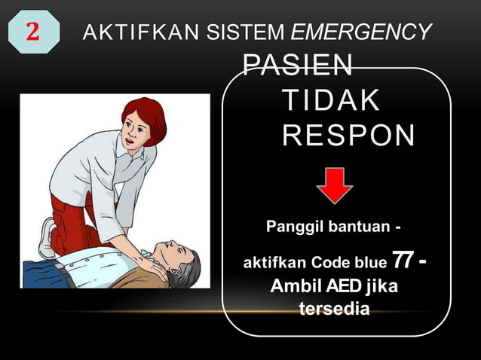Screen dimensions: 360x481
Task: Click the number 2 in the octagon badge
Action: [x=32, y=32]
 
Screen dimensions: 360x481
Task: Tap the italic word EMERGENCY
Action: [x=361, y=32]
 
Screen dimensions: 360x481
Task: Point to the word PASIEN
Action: [x=297, y=66]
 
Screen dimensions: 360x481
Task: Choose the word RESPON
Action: [x=348, y=136]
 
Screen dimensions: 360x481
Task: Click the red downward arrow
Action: [x=335, y=185]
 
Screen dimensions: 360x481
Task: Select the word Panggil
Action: [x=295, y=225]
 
